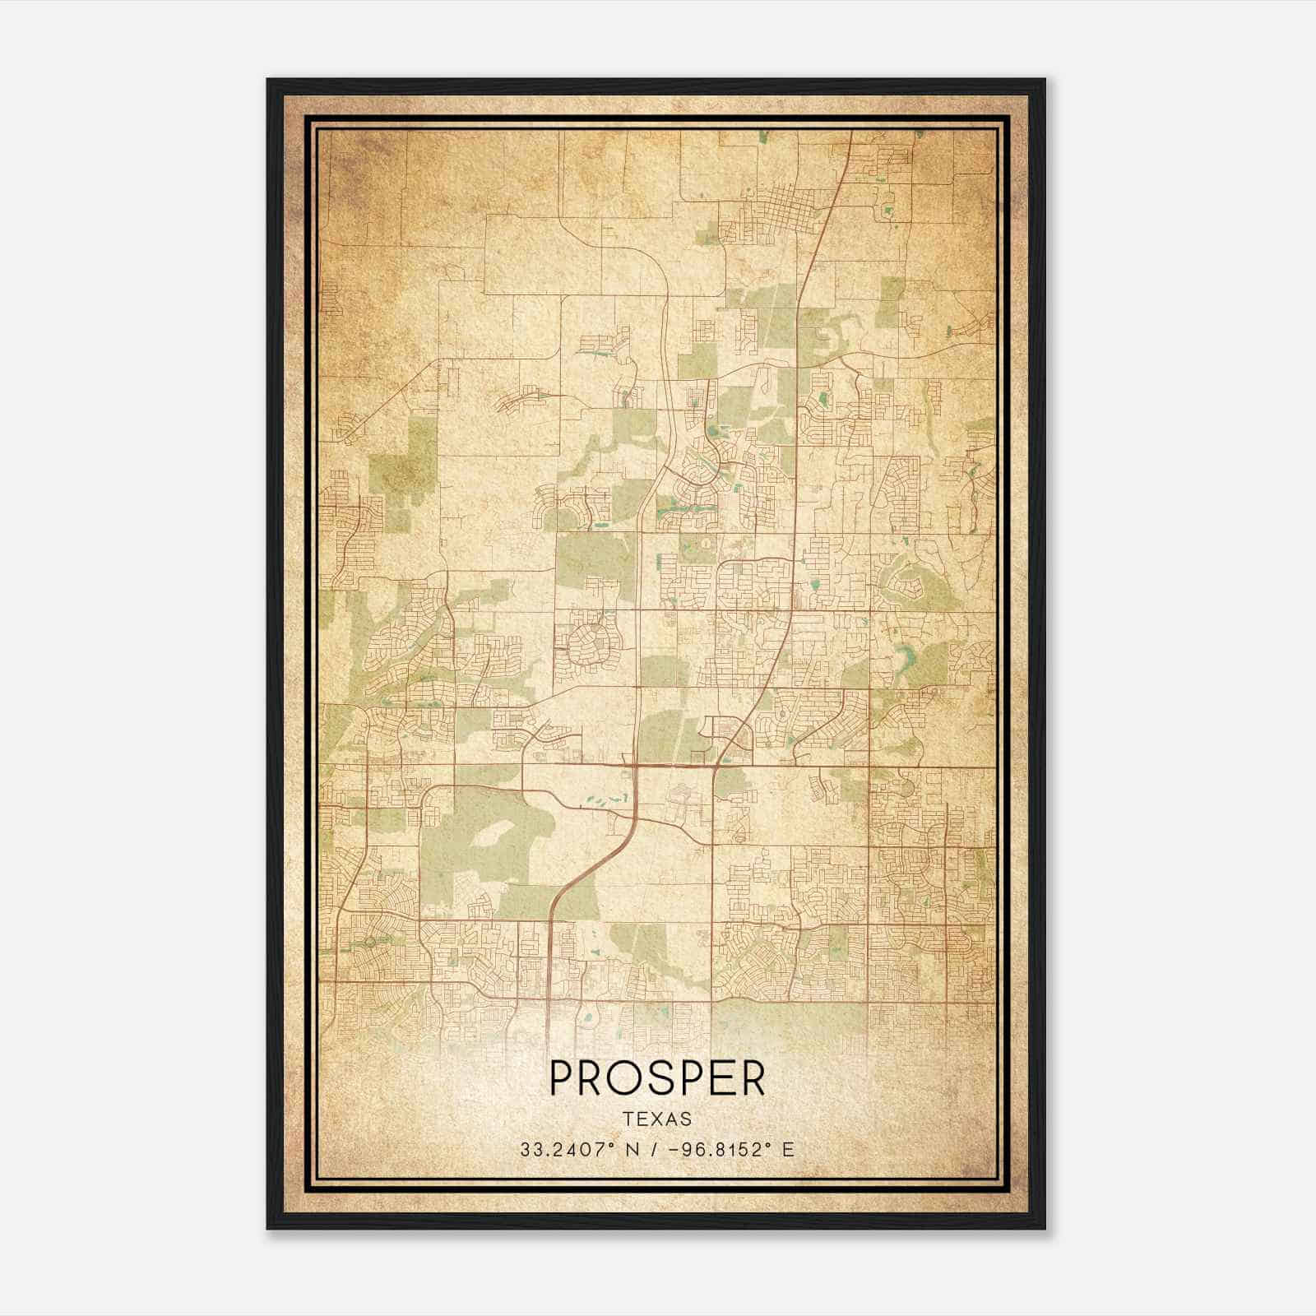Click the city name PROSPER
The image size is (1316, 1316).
click(x=657, y=1077)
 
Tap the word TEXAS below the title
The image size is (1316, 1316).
click(x=657, y=1119)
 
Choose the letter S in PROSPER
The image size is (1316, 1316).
click(x=669, y=1077)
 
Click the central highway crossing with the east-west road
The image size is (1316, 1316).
click(x=636, y=766)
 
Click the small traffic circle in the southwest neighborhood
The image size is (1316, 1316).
click(x=369, y=940)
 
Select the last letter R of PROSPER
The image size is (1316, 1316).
click(x=753, y=1077)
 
